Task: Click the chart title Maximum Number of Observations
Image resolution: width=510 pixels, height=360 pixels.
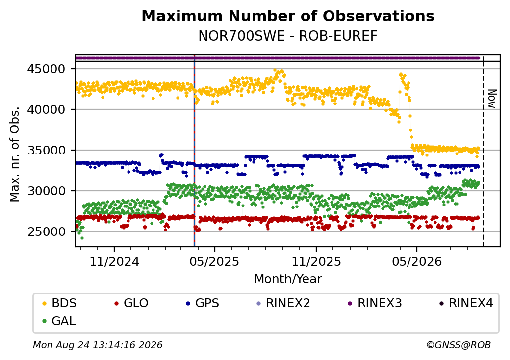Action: click(x=288, y=16)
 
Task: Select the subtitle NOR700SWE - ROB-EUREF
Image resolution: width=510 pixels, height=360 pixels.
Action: click(x=288, y=36)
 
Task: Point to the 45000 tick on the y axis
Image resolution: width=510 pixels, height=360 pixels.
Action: click(x=47, y=69)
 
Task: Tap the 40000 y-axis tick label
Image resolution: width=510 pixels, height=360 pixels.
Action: click(x=47, y=109)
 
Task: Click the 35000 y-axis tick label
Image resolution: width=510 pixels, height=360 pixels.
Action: click(x=47, y=150)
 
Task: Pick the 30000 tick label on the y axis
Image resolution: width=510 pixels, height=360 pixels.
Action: click(x=47, y=191)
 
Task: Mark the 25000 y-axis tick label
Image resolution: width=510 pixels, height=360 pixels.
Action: click(x=47, y=231)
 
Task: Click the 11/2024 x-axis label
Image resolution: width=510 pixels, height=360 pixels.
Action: click(x=114, y=262)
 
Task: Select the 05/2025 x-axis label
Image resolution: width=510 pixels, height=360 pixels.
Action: click(x=214, y=262)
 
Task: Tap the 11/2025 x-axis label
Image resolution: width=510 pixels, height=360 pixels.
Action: click(x=316, y=262)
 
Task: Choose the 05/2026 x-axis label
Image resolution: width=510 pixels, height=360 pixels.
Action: click(x=417, y=262)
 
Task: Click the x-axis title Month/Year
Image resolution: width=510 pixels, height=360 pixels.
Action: click(x=288, y=279)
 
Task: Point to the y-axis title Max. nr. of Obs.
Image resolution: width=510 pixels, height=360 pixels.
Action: click(x=15, y=154)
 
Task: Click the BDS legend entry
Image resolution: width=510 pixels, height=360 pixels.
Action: click(x=59, y=303)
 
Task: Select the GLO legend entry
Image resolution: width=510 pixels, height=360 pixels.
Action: click(x=131, y=303)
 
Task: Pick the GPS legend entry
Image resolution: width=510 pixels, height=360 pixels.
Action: click(x=203, y=303)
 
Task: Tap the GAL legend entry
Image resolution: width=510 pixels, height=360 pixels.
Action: click(x=59, y=321)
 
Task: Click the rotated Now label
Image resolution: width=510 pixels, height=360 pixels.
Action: click(x=492, y=99)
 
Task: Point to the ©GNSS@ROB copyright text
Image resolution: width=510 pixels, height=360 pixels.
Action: click(x=459, y=345)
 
